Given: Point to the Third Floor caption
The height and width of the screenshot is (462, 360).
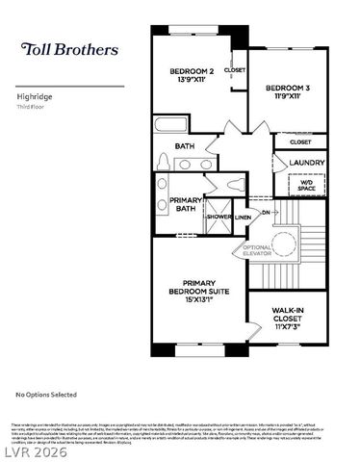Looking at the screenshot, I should [x=32, y=107].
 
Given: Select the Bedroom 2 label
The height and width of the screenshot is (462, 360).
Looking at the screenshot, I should [x=191, y=72].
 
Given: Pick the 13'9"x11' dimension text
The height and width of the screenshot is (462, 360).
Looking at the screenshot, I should [x=191, y=83].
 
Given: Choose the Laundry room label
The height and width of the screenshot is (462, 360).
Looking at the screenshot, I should [x=307, y=163].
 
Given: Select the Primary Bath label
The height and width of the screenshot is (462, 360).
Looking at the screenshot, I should [x=186, y=205].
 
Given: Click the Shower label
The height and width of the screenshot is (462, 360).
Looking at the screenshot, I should [x=219, y=217].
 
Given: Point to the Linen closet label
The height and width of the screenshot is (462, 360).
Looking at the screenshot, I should [x=243, y=218].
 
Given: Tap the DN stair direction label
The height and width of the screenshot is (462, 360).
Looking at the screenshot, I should [x=266, y=210].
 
